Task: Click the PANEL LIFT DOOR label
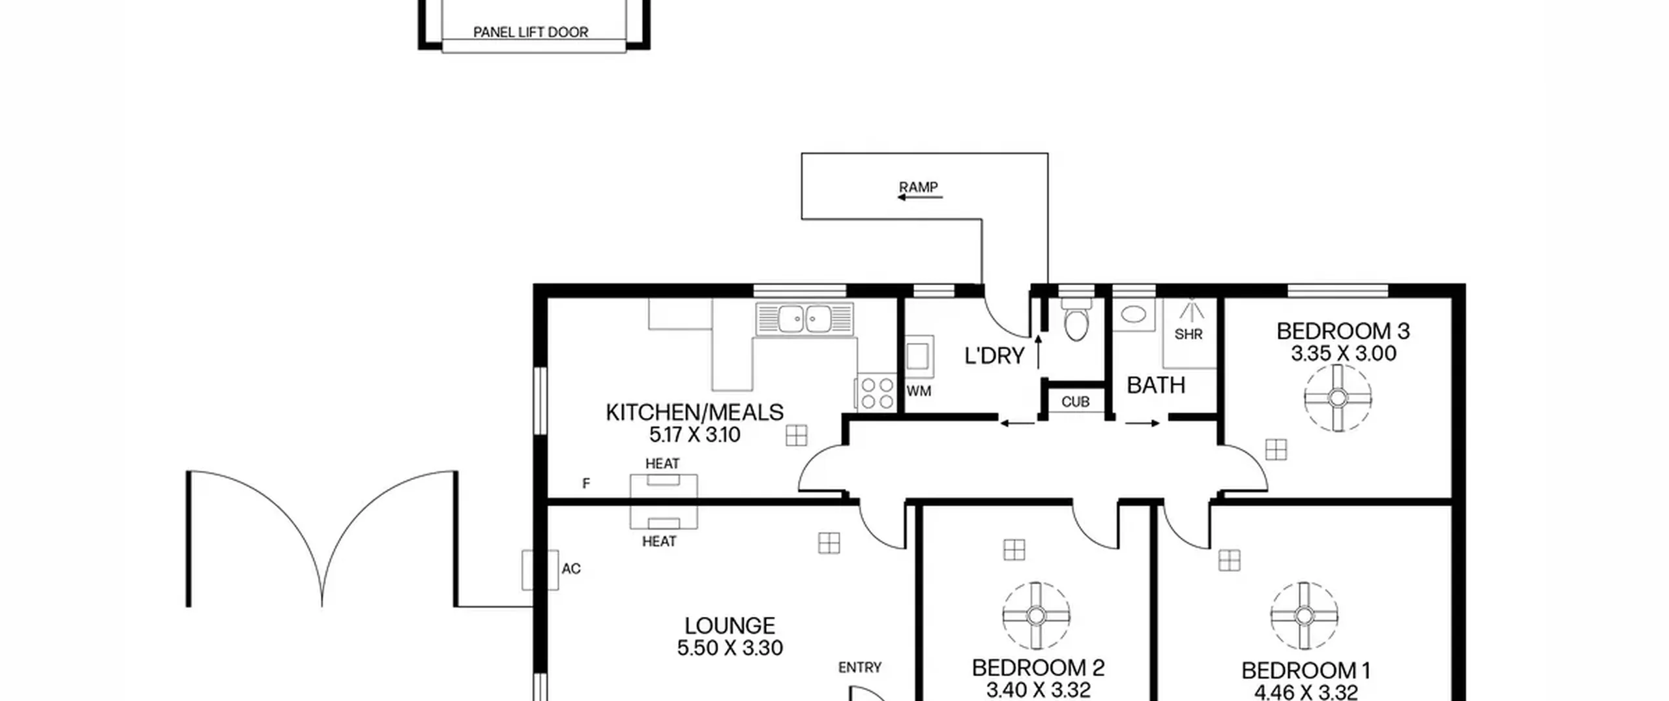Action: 531,32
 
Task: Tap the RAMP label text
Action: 919,187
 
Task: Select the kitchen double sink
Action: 805,319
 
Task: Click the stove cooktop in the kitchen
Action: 877,393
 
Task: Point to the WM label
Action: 919,391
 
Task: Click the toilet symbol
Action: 1076,319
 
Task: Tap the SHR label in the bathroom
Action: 1189,335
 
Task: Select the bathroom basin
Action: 1134,315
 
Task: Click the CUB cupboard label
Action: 1075,402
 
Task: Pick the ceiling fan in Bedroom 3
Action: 1338,398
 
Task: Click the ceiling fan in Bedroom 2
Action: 1036,616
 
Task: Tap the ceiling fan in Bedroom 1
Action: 1304,616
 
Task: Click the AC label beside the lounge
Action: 571,569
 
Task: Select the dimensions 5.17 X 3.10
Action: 695,435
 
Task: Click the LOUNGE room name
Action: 730,626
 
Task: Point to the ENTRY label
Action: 860,667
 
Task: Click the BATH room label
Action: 1156,385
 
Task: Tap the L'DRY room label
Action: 995,356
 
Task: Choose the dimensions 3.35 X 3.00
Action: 1344,354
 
